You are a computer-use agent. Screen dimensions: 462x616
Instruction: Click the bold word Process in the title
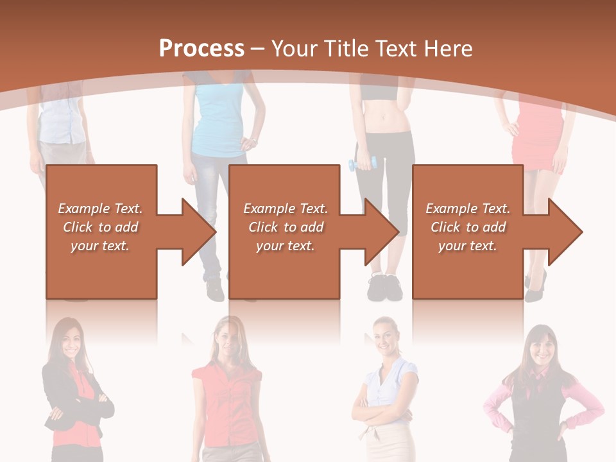pos(201,49)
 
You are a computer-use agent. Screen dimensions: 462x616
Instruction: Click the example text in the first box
pos(100,227)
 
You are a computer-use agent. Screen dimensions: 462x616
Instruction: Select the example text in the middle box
pos(286,227)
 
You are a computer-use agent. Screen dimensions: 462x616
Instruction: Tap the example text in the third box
pos(468,227)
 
